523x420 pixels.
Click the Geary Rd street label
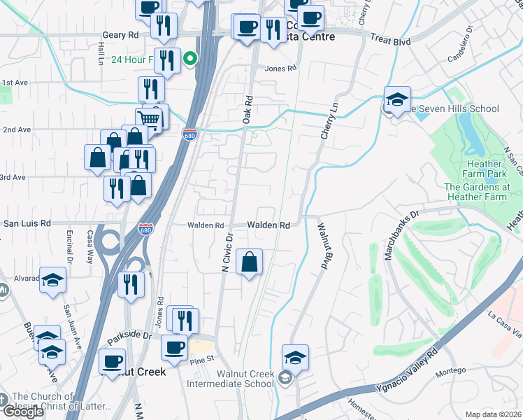[123, 35]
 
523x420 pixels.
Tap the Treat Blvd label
[391, 41]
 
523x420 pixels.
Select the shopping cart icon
[148, 120]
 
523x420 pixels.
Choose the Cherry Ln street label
[324, 120]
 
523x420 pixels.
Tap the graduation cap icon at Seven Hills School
[396, 100]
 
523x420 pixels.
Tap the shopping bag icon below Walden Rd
[250, 263]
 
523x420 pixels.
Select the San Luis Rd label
[28, 223]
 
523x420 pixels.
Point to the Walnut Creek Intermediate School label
[245, 379]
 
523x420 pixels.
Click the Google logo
[24, 412]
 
